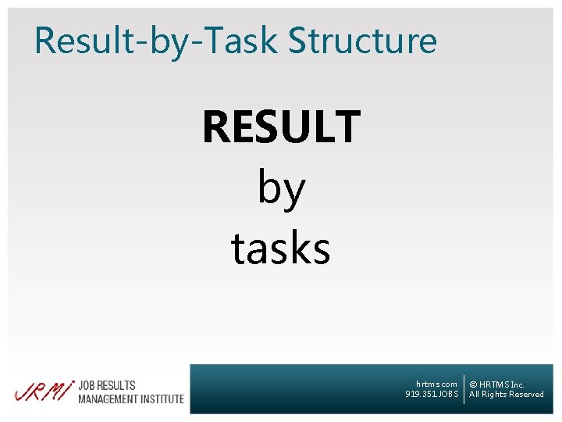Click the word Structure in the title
(363, 41)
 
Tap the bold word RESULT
(281, 127)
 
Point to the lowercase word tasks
(281, 249)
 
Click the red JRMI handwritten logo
(43, 391)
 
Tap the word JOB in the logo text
(88, 385)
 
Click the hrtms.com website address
(436, 384)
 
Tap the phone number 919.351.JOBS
(432, 394)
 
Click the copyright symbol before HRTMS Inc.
(473, 384)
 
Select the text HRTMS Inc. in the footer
(502, 384)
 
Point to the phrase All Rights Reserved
(506, 395)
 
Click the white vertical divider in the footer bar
(464, 389)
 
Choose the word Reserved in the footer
(526, 395)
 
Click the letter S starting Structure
(299, 41)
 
